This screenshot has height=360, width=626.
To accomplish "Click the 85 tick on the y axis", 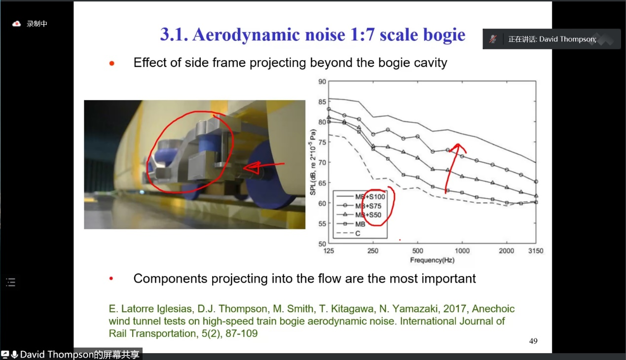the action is [322, 102].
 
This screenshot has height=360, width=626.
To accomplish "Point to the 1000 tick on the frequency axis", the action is [462, 251].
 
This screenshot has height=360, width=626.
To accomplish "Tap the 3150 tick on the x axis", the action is [535, 251].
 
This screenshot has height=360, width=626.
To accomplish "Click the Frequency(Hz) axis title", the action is [432, 260].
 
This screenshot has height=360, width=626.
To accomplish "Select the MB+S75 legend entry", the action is [359, 206].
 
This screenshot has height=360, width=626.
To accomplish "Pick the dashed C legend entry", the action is [348, 233].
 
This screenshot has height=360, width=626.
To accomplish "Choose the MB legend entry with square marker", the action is [351, 224].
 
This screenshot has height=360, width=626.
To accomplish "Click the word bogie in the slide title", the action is [444, 35].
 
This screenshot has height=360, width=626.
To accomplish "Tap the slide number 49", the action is [533, 341].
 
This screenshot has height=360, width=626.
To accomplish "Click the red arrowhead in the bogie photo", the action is [251, 168].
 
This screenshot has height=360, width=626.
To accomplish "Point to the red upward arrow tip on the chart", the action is [458, 144].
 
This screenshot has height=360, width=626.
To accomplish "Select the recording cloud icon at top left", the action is [16, 24].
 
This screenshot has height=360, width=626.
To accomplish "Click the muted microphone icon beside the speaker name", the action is [493, 39].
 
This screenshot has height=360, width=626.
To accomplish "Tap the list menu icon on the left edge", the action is [11, 282].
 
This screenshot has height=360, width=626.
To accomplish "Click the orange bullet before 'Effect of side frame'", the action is [112, 64].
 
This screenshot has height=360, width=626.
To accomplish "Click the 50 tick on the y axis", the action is [322, 244].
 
